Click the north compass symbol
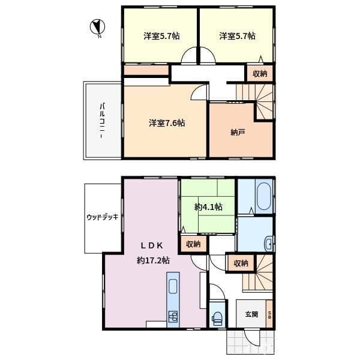[97, 27]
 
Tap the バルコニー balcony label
[102, 121]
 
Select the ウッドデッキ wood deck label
[103, 217]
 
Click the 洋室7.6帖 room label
[167, 123]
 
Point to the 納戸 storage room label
[238, 132]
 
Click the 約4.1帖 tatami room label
[208, 207]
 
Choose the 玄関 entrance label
[251, 314]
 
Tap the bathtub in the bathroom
[263, 196]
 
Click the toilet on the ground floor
[217, 318]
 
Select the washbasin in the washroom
[268, 244]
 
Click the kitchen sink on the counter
[173, 286]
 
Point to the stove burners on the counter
[173, 316]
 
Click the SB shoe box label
[269, 314]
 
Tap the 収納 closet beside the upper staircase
[260, 74]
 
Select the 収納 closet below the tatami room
[193, 244]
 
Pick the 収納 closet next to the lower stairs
[241, 263]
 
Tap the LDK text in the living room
[152, 246]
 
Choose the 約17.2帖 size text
[153, 260]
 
